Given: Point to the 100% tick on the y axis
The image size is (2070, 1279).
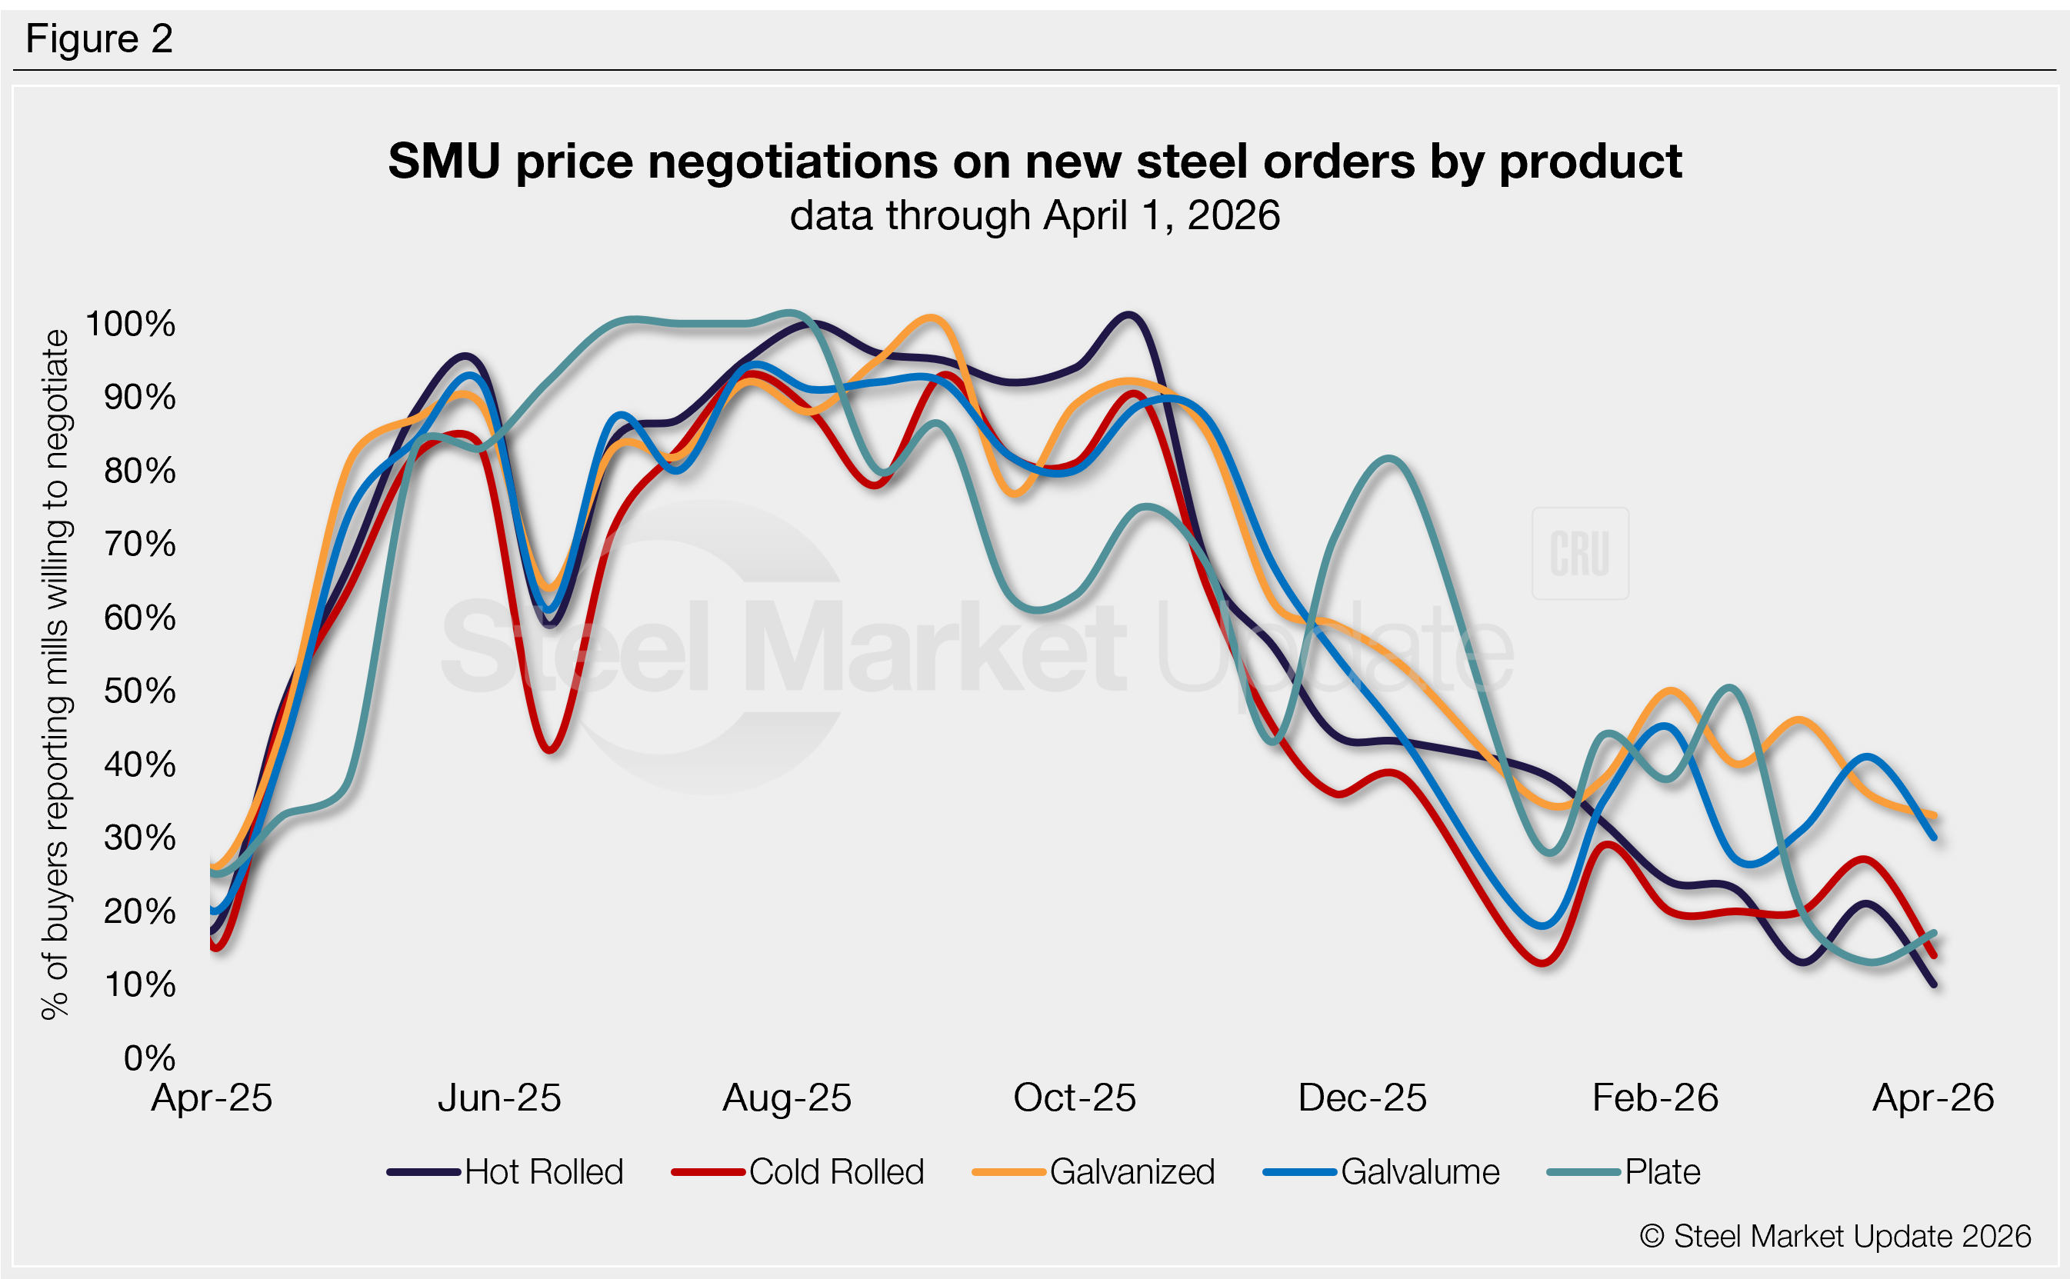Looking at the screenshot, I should [131, 323].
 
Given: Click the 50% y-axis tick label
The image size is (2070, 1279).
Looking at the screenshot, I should [139, 691].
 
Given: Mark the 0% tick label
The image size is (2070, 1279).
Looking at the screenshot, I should [149, 1058].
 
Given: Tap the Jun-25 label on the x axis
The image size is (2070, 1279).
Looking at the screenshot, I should [499, 1098].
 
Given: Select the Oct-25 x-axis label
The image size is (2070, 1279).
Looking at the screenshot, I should [1075, 1098].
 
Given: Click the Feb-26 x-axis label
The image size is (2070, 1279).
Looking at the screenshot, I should [1655, 1098].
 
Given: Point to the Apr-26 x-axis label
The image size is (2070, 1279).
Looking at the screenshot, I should [1933, 1098].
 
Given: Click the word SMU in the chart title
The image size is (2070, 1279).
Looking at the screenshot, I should [444, 161].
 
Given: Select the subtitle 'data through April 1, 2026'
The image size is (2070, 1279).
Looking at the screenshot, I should [1035, 215].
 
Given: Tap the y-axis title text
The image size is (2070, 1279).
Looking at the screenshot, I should [55, 674].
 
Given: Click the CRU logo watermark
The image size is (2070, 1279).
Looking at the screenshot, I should [1579, 553].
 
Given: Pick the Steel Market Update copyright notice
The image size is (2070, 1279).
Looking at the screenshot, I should [1835, 1236].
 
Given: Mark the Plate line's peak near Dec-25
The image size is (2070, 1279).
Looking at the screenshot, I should [1389, 459].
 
